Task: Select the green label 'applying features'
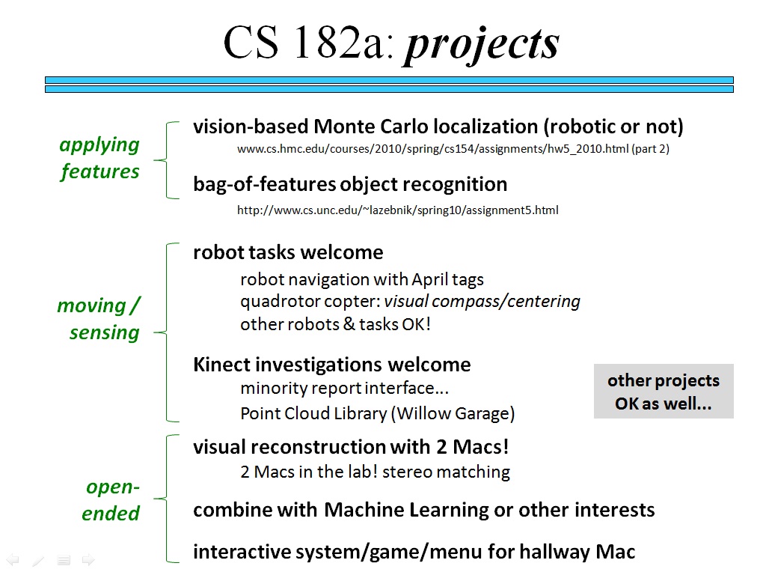click(100, 158)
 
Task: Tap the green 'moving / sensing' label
click(99, 319)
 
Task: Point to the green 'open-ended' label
click(111, 500)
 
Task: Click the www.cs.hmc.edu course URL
click(453, 149)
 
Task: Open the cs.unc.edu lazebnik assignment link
click(397, 210)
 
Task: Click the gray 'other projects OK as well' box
click(664, 392)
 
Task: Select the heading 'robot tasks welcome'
click(288, 252)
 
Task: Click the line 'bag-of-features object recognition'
click(350, 184)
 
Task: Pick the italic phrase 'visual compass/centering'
click(482, 302)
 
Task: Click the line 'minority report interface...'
click(344, 388)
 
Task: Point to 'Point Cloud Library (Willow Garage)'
click(377, 413)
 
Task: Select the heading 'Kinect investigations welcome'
click(331, 365)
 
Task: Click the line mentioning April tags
click(362, 280)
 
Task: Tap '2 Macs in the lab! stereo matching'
click(375, 472)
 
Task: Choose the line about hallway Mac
click(414, 553)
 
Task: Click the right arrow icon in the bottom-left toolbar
click(88, 559)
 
